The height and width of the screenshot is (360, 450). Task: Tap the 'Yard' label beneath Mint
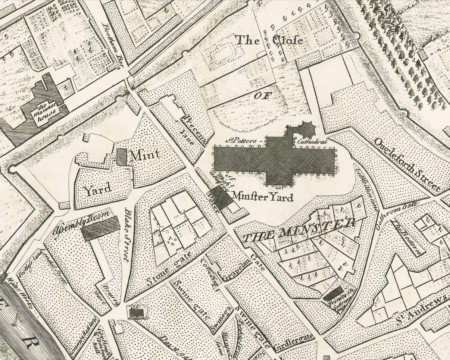[x=98, y=190]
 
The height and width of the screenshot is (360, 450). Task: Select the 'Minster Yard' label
[x=262, y=197]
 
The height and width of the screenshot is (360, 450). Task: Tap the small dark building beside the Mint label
[x=122, y=157]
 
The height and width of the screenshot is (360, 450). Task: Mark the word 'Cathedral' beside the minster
[x=312, y=142]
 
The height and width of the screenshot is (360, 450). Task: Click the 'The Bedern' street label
[x=409, y=238]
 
